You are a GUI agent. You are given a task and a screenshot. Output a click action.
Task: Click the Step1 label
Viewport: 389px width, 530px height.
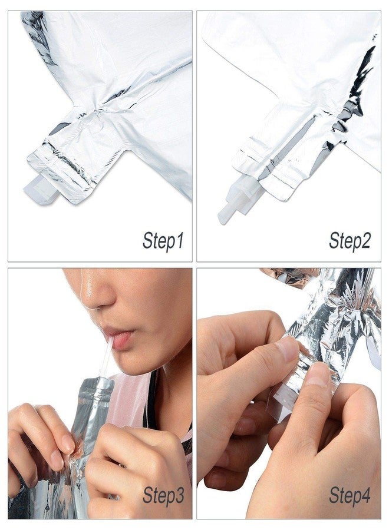point(163,241)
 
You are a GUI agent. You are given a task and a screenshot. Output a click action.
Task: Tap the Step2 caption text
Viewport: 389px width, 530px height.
point(350,241)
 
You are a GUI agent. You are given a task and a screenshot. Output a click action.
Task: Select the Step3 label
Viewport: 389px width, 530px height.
point(163,496)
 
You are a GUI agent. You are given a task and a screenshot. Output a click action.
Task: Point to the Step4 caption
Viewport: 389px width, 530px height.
point(350,496)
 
